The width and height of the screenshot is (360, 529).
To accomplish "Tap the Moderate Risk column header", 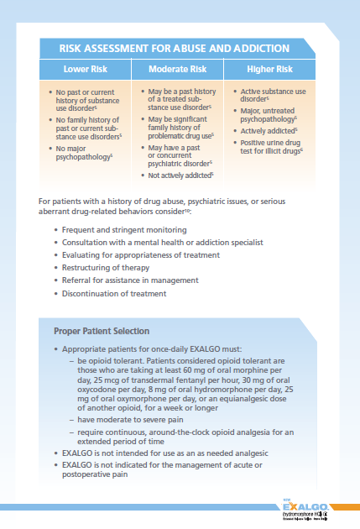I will [x=179, y=68].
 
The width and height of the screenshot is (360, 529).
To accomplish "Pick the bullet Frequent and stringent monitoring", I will [x=118, y=228].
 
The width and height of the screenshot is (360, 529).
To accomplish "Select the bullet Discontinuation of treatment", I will [x=113, y=293].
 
